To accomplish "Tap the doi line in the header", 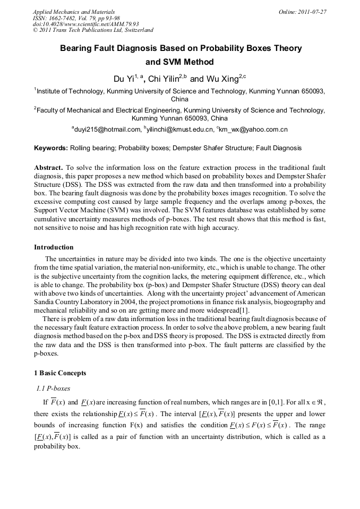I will click(86, 24).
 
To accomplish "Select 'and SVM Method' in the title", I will click(179, 62).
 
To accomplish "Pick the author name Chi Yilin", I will click(163, 79).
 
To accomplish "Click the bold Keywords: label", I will click(51, 148).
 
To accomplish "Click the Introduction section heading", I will click(54, 247).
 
